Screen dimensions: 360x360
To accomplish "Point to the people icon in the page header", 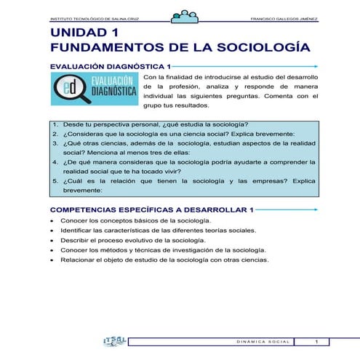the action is pos(182,15).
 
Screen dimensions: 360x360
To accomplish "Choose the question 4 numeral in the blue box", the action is pos(55,163).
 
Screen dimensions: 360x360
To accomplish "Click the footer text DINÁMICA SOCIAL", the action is pos(264,342).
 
